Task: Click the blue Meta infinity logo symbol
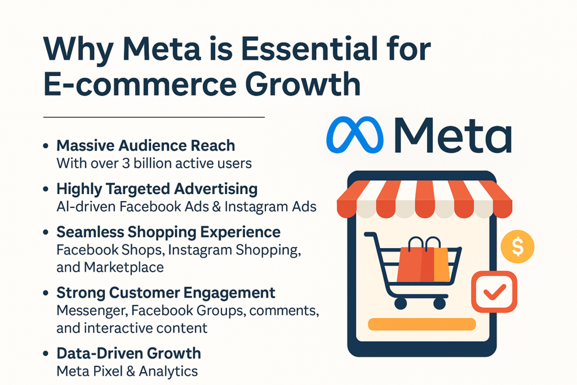click(355, 135)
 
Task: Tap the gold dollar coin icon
click(517, 246)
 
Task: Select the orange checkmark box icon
click(494, 291)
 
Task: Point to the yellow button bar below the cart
click(421, 324)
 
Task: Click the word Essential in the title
click(309, 48)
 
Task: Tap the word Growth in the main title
click(303, 84)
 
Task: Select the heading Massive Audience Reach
click(146, 145)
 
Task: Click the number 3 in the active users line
click(126, 163)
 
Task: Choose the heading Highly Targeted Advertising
click(157, 189)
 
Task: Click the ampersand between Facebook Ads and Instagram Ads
click(217, 206)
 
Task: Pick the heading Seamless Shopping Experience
click(168, 232)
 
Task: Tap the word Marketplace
click(123, 267)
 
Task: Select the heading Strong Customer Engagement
click(166, 293)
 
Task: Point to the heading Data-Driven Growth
click(129, 353)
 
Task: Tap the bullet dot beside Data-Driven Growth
click(46, 353)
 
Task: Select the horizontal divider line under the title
click(154, 117)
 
